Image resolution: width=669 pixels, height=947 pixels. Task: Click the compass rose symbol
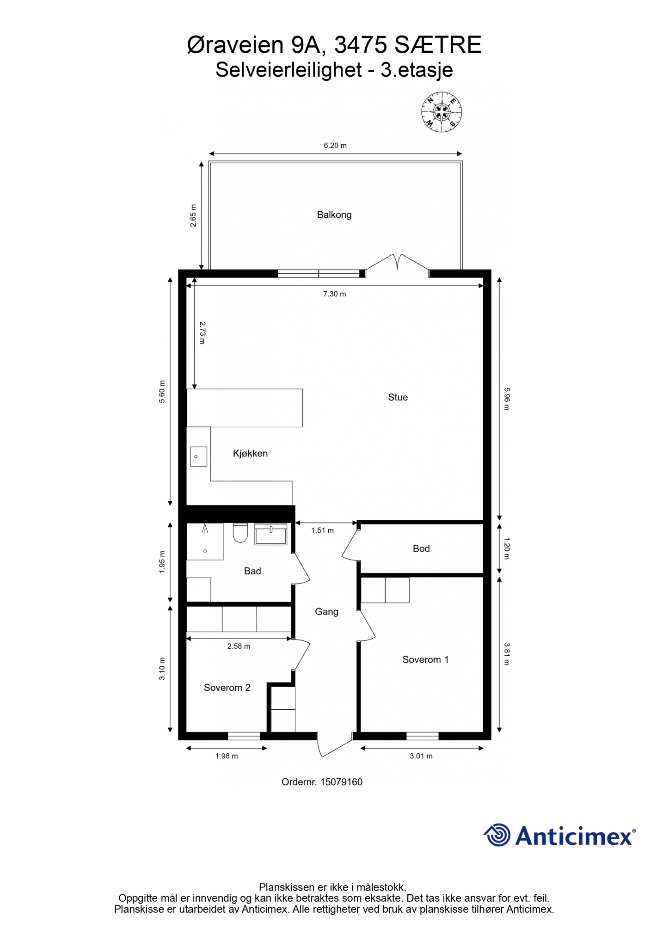point(442,112)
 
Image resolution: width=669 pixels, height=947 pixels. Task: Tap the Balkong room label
point(334,215)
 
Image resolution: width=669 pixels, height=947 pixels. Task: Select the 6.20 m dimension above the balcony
point(335,145)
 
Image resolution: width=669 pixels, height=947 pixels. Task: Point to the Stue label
point(398,397)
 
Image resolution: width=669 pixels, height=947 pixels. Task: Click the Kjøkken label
point(250,453)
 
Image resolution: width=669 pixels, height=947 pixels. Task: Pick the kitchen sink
point(198,456)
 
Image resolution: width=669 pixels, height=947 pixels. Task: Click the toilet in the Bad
point(240,533)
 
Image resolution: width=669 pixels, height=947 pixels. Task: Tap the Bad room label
point(252,571)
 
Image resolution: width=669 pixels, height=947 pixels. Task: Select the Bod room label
point(421,548)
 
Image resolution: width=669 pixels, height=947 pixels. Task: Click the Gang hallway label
point(326,612)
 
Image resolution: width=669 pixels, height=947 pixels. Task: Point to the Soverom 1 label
point(425,659)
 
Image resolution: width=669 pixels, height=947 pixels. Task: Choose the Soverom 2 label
point(227,688)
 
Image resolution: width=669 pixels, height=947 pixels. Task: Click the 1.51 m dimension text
point(322,530)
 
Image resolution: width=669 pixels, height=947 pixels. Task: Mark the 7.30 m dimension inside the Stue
point(335,294)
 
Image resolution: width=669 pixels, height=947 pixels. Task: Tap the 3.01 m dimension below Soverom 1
point(421,756)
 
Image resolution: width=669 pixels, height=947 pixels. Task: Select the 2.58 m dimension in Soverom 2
point(239,646)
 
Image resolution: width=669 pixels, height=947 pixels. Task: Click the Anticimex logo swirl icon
point(497,835)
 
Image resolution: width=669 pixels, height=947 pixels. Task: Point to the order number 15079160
point(341,782)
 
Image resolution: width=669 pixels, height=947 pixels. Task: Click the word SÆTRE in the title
point(438,45)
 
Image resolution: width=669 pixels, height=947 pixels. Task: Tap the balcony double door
point(397,265)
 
